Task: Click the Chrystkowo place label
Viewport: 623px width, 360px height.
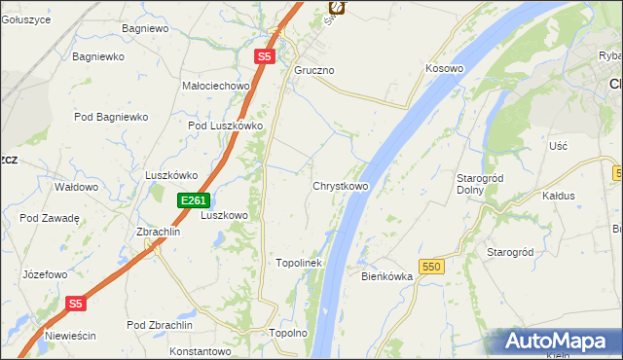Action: click(340, 185)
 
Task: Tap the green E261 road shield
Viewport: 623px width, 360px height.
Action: click(193, 200)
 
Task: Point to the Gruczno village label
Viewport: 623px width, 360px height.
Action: click(314, 71)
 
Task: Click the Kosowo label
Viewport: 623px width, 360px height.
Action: click(444, 69)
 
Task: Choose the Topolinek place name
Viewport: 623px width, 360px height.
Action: click(299, 263)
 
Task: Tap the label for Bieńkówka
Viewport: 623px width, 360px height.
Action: click(387, 276)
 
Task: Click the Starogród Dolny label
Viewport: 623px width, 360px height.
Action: click(478, 184)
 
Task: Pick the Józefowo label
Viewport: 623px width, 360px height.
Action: click(45, 274)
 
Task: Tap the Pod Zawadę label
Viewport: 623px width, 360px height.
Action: click(49, 218)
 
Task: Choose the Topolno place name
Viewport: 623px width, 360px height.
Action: click(288, 333)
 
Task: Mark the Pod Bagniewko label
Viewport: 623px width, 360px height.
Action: click(111, 117)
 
